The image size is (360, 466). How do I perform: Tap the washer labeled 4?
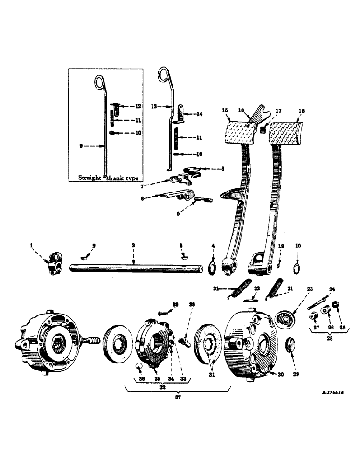click(213, 268)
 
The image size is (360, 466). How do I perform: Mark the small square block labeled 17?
click(264, 129)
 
